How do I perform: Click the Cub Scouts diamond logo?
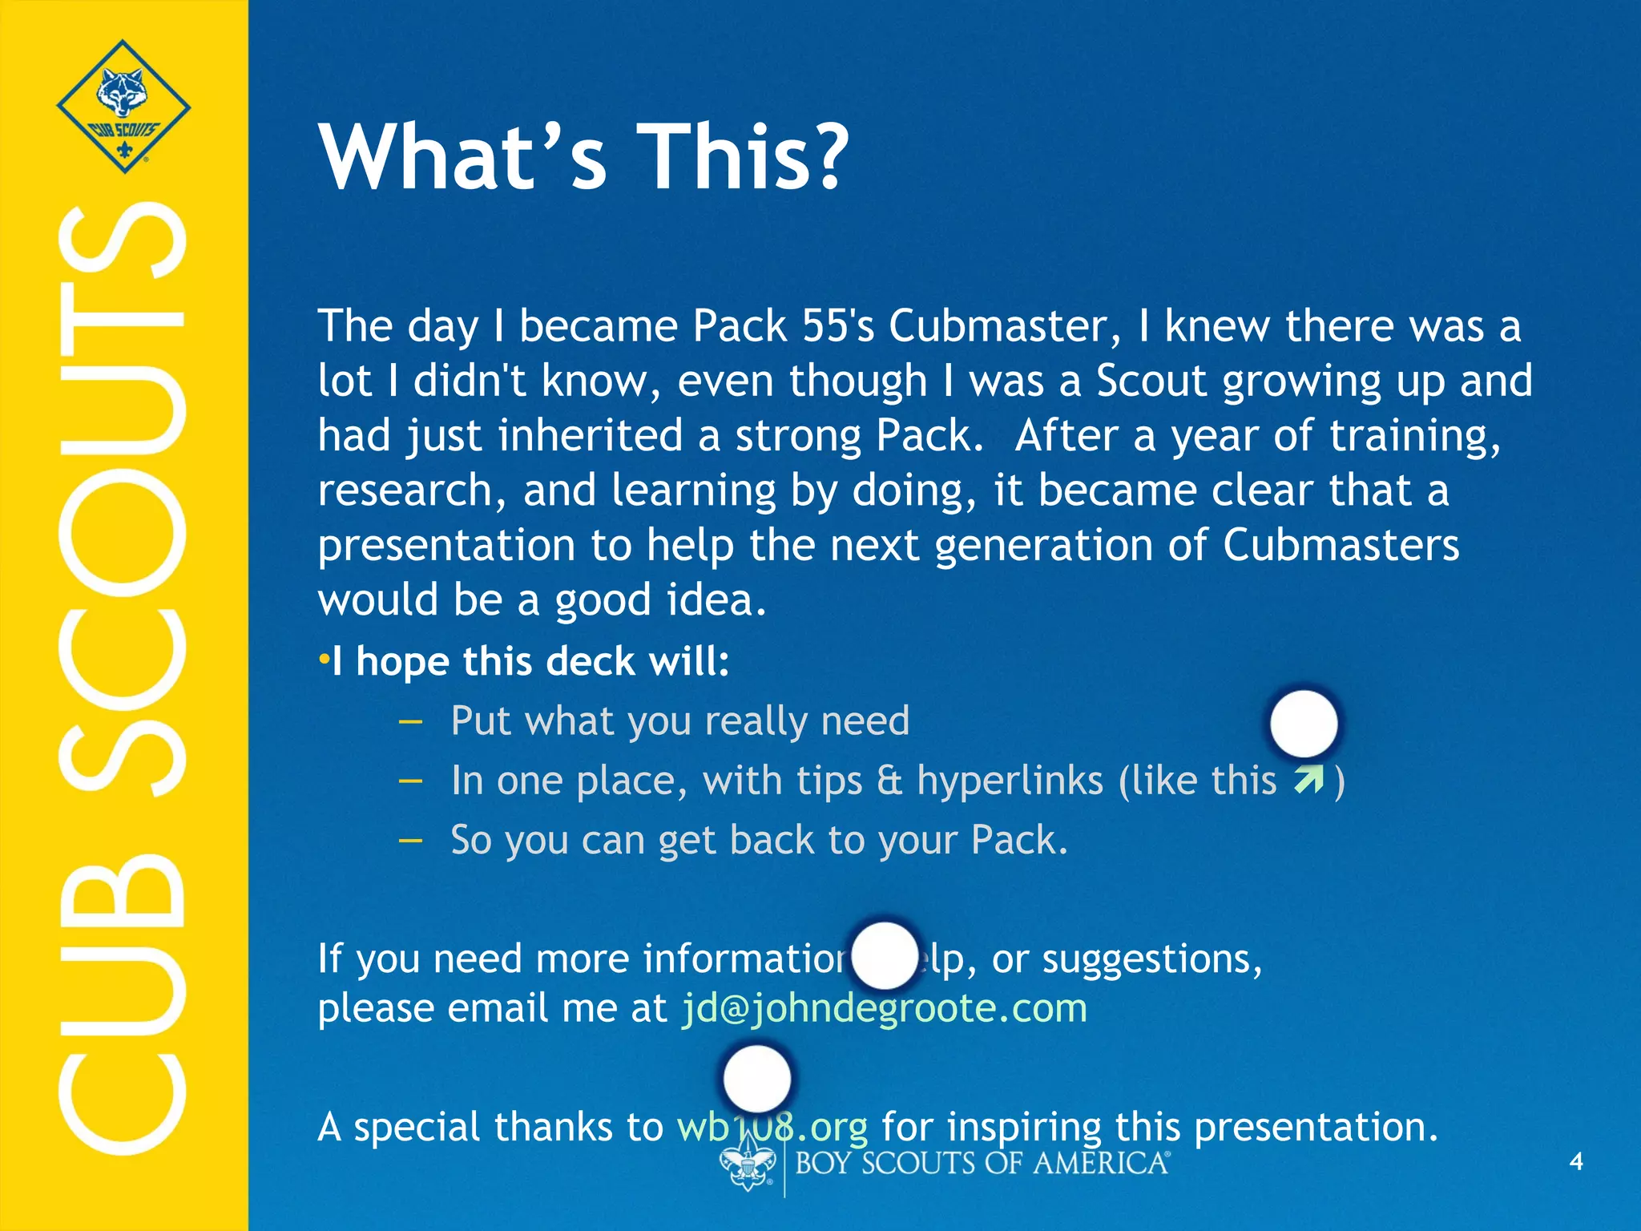[x=123, y=106]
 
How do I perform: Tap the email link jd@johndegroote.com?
[x=884, y=1008]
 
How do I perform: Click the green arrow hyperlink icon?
[x=1308, y=780]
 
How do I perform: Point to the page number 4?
[x=1575, y=1161]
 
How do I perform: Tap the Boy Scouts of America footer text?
[x=982, y=1163]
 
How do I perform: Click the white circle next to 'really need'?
[x=1304, y=723]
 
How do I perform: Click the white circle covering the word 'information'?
[x=884, y=956]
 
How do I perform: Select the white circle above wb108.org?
[x=756, y=1079]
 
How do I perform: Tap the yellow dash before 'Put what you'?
[x=409, y=720]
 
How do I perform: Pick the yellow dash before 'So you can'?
[x=409, y=840]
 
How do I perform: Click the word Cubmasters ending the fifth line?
[x=1341, y=546]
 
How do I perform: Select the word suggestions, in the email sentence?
[x=1151, y=959]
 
